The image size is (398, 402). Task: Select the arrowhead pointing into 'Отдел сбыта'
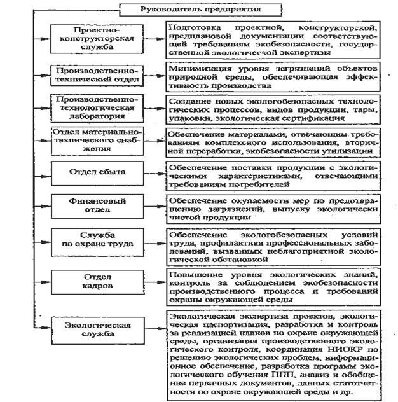[x=48, y=172]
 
